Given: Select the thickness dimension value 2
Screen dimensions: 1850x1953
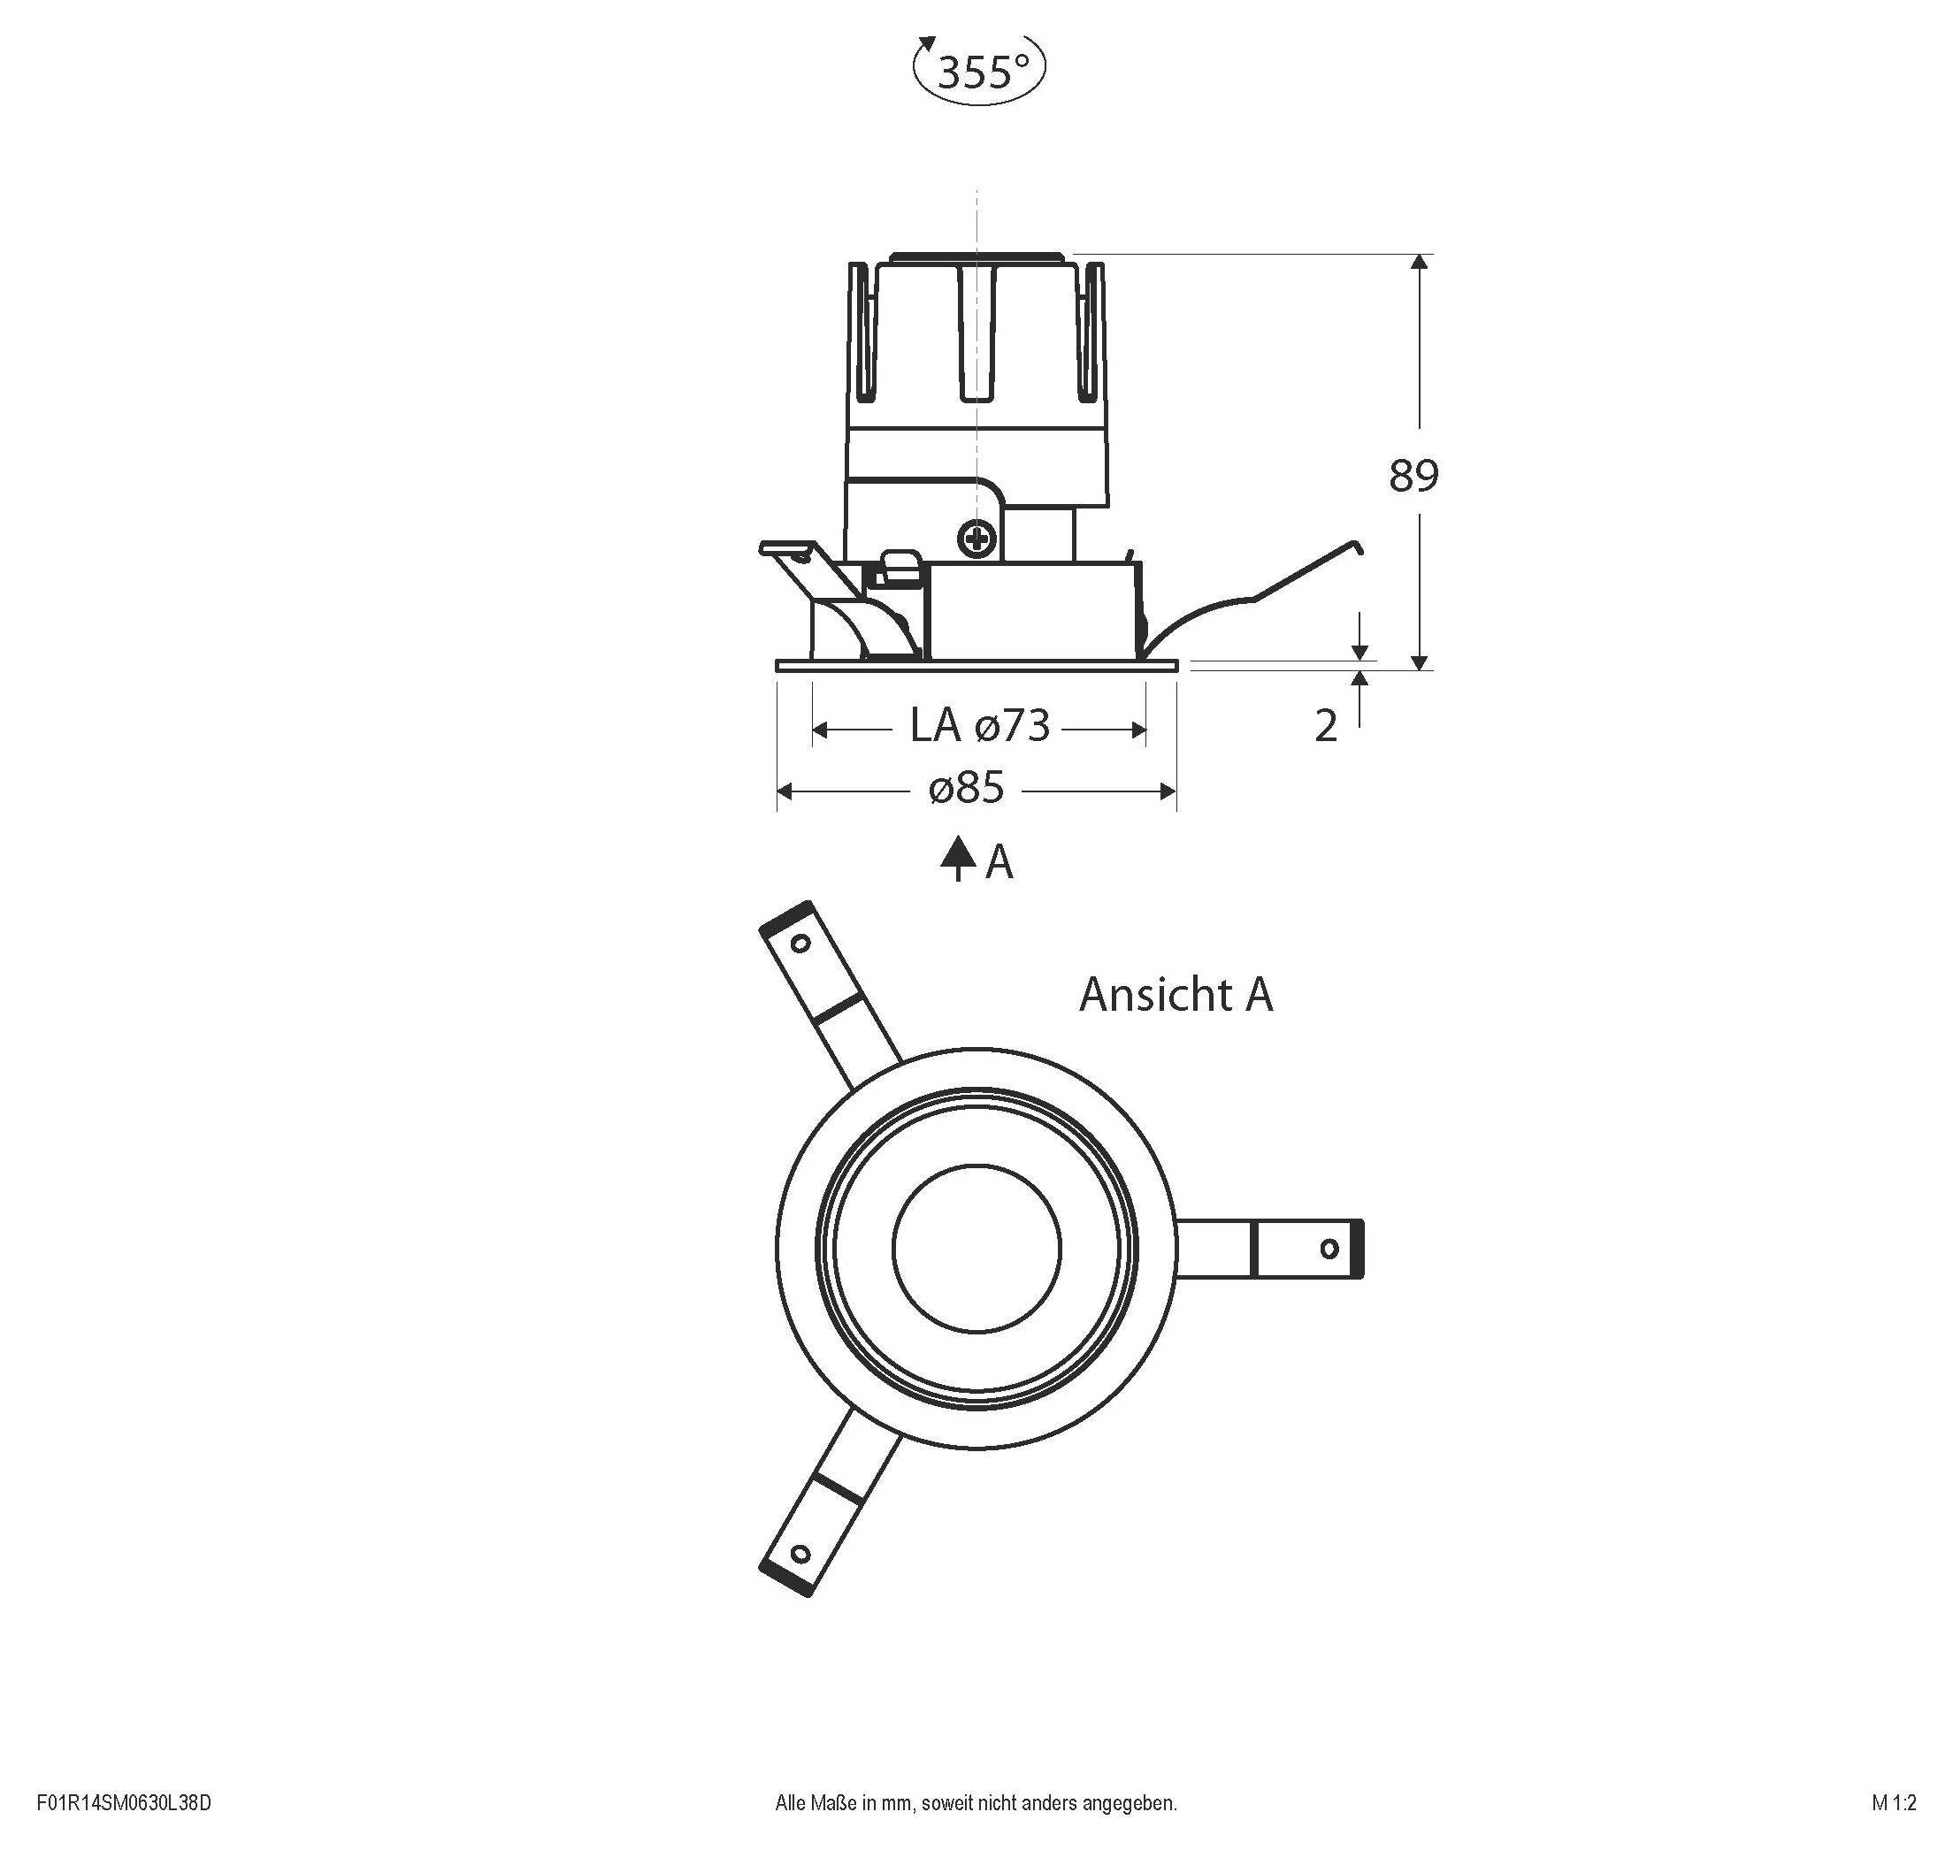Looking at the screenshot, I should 1326,727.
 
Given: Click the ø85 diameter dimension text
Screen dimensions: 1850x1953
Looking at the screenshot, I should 967,788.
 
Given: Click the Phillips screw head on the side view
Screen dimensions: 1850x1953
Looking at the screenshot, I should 977,539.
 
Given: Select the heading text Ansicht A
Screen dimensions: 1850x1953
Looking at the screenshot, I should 1176,995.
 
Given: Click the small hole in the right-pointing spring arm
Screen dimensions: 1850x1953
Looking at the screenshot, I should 1329,1250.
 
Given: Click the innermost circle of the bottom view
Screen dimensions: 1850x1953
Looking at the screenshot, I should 976,1250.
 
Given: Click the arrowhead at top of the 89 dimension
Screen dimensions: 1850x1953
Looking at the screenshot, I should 1420,263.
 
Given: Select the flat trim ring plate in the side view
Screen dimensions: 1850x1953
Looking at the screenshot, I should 976,667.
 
